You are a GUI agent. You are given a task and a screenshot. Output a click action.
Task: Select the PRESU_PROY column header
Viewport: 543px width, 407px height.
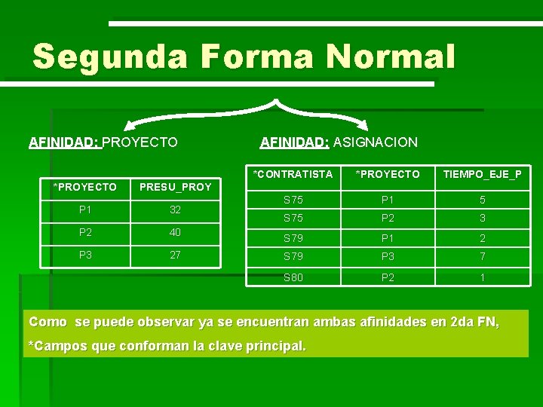[x=175, y=187]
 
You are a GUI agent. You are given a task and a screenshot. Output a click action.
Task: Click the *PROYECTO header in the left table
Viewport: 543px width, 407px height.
[x=84, y=187]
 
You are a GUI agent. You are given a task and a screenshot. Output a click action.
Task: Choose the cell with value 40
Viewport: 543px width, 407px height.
[x=175, y=233]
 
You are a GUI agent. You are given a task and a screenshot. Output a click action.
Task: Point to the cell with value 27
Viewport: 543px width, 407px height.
[x=175, y=255]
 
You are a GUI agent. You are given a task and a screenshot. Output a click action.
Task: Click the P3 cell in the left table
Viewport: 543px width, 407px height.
[x=84, y=255]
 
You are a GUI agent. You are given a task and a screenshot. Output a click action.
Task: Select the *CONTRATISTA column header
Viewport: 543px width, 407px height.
[x=293, y=174]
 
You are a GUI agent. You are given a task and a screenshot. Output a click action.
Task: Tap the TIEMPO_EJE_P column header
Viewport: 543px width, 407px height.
[x=482, y=174]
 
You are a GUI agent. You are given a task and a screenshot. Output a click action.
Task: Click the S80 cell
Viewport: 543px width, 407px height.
[x=293, y=277]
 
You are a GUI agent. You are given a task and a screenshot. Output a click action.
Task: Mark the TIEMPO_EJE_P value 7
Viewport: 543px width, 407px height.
[x=482, y=257]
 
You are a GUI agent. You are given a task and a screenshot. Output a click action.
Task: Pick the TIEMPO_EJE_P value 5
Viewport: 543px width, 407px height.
[x=482, y=200]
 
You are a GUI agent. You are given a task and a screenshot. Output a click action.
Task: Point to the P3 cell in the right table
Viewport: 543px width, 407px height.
[x=388, y=257]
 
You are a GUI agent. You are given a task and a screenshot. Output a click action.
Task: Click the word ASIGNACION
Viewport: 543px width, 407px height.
[x=375, y=142]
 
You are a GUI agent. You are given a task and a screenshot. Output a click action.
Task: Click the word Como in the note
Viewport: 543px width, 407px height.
[x=48, y=323]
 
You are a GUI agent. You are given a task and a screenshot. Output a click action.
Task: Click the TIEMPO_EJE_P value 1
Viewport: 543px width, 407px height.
[x=482, y=277]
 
